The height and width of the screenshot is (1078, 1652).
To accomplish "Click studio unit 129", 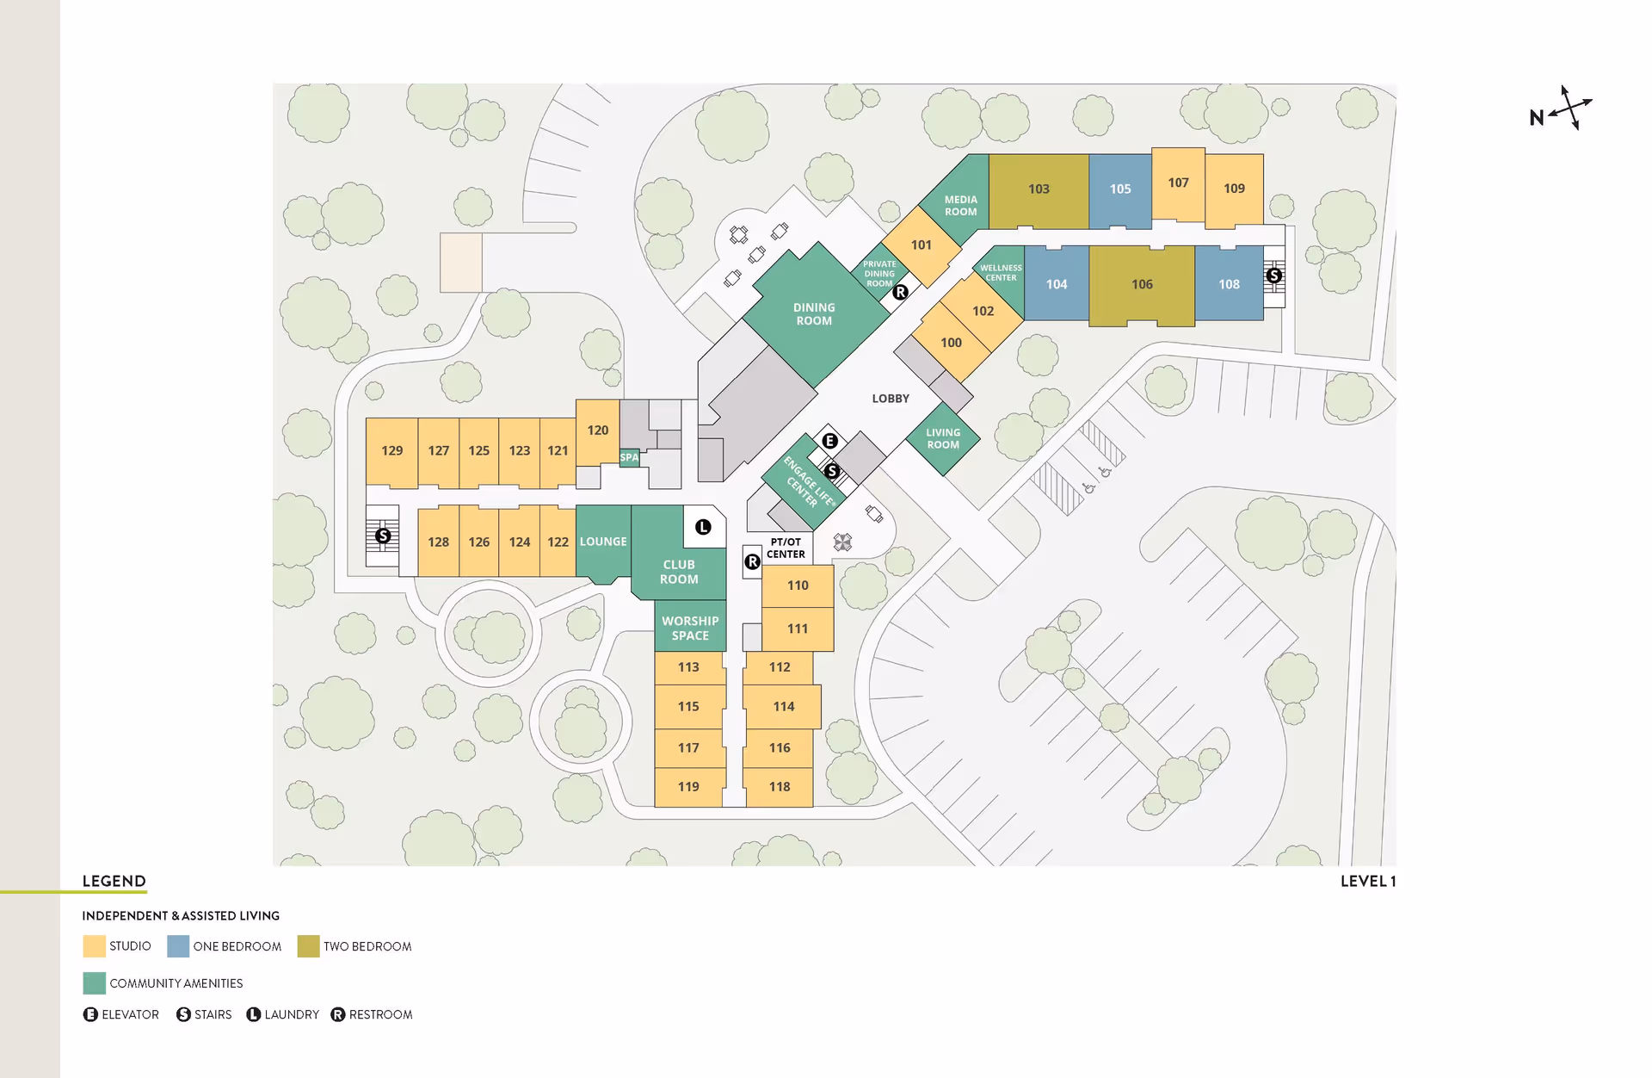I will tap(391, 451).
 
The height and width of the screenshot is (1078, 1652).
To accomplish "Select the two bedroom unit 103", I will tap(1039, 189).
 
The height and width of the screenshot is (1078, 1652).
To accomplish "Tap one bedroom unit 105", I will tap(1119, 189).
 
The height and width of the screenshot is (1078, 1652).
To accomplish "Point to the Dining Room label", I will tap(814, 314).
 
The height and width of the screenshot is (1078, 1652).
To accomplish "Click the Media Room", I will tap(960, 206).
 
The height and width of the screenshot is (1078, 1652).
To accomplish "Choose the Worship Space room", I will tap(690, 628).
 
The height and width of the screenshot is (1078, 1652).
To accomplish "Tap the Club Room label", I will tap(679, 572).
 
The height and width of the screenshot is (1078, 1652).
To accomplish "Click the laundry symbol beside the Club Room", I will tap(703, 527).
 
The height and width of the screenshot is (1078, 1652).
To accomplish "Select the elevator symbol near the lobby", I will tap(829, 441).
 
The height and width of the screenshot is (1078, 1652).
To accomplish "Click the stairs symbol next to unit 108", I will tap(1273, 276).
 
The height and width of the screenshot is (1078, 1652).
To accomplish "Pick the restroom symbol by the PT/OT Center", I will tap(752, 561).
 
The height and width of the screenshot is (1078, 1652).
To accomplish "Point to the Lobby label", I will tap(891, 399).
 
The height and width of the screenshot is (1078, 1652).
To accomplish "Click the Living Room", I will tap(943, 439).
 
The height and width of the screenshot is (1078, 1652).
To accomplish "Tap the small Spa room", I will tap(629, 457).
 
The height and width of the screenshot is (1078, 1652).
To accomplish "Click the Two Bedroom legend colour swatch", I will tap(308, 946).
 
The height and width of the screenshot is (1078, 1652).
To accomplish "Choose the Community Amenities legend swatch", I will tap(94, 983).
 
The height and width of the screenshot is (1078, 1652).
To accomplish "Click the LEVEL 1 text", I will tap(1367, 881).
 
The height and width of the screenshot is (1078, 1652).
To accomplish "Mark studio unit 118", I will tap(780, 787).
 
